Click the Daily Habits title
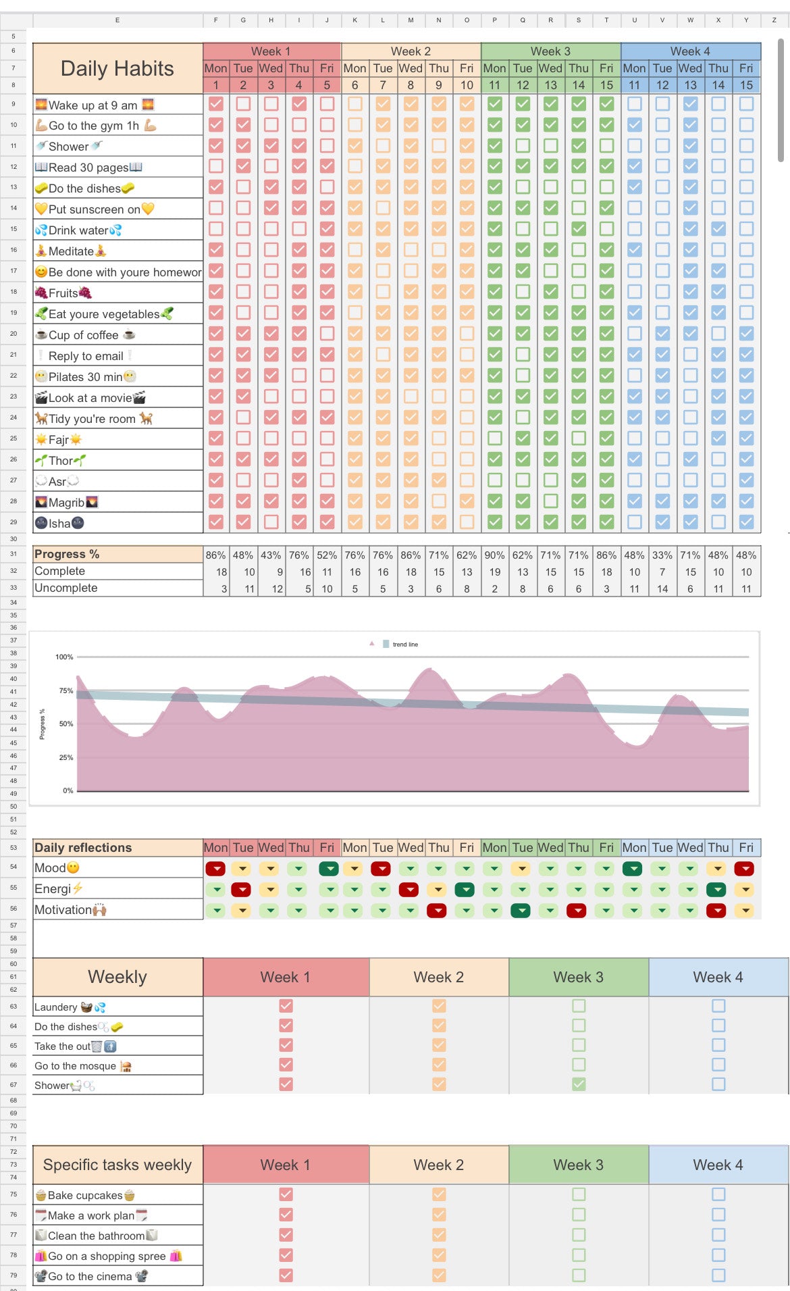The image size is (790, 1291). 117,68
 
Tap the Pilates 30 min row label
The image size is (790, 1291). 85,377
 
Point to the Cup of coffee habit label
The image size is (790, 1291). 84,335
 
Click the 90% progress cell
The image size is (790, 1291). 494,555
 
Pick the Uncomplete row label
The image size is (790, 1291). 66,588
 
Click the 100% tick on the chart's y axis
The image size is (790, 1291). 64,657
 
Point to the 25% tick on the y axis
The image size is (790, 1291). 65,757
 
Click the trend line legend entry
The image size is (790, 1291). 404,644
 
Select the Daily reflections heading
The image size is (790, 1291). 83,848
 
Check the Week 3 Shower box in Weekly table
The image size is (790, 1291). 579,1084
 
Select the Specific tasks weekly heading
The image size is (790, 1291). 117,1165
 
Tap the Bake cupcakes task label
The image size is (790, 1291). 85,1196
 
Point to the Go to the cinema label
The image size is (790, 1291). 90,1276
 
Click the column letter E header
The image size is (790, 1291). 117,20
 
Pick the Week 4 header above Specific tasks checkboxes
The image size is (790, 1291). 718,1165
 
